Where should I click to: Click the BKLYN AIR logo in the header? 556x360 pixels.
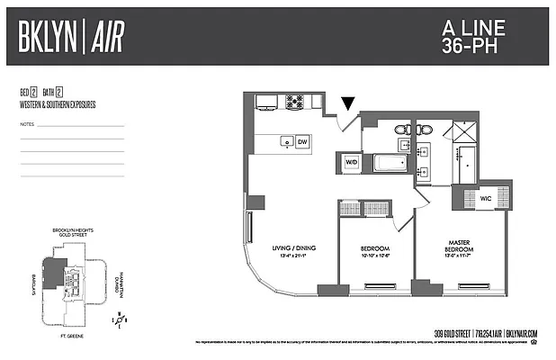point(71,36)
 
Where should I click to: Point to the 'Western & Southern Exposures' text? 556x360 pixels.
point(57,104)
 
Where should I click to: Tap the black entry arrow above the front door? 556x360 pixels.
point(348,104)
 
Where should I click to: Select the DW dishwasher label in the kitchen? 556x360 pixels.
point(302,141)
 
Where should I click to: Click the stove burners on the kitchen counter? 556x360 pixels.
point(294,102)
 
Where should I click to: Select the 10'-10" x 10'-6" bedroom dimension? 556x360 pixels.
point(375,256)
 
